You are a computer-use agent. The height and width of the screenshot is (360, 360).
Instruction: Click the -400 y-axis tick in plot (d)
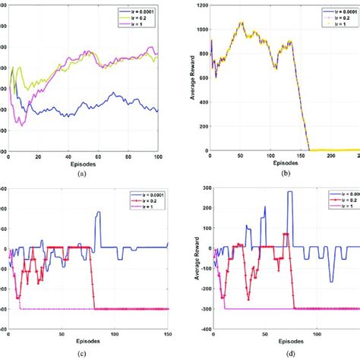click(199, 330)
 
